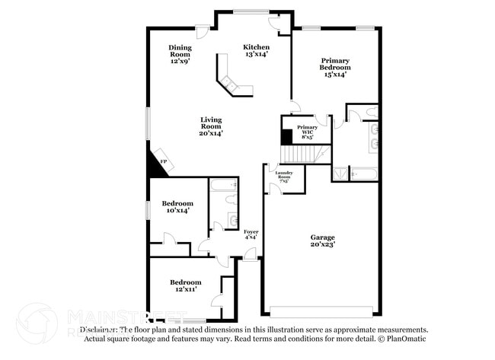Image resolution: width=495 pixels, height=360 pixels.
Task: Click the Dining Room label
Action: click(x=180, y=53)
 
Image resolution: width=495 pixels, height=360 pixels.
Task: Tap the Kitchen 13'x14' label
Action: click(x=256, y=50)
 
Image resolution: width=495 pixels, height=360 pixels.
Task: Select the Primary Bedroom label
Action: click(x=335, y=67)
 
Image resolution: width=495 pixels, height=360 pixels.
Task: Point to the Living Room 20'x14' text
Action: click(x=211, y=126)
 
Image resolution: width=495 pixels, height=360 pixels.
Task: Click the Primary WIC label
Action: click(x=307, y=131)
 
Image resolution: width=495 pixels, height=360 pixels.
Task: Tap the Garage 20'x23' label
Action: click(x=322, y=241)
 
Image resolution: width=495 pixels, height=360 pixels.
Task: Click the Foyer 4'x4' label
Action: click(x=251, y=234)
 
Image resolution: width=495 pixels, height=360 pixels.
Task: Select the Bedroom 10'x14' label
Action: click(x=177, y=206)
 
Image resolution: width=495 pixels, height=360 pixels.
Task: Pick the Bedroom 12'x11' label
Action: click(x=185, y=285)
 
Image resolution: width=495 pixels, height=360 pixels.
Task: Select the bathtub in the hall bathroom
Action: click(x=223, y=185)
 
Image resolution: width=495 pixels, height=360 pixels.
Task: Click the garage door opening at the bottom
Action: click(x=321, y=312)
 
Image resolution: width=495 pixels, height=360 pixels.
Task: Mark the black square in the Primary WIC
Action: click(x=286, y=136)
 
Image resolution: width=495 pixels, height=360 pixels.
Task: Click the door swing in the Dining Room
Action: click(x=203, y=31)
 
